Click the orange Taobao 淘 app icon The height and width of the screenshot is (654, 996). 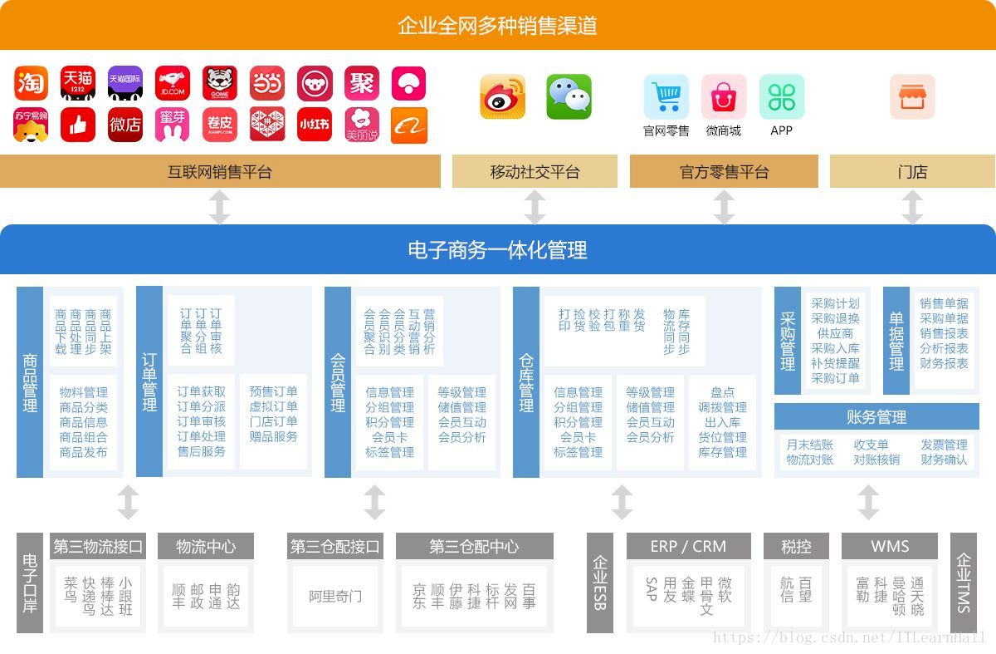(31, 84)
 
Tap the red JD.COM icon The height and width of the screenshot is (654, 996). (173, 84)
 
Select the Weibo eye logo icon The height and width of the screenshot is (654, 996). (503, 97)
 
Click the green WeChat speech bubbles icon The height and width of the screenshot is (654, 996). (569, 97)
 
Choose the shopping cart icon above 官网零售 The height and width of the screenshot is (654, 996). (666, 97)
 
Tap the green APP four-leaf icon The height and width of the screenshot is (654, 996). (781, 97)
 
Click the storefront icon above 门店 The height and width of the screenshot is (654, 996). (912, 97)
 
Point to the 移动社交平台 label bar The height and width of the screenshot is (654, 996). (535, 172)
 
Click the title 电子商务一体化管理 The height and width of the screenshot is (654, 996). (497, 249)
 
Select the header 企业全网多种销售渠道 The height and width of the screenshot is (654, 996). (497, 26)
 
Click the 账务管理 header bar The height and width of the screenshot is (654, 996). (876, 416)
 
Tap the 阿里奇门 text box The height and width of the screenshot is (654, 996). (335, 597)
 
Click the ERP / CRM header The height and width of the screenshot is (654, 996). (688, 547)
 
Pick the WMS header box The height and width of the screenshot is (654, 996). (890, 547)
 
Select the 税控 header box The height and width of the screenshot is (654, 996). (796, 547)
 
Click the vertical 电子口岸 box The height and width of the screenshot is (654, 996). (30, 584)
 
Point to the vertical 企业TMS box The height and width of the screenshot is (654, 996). (963, 584)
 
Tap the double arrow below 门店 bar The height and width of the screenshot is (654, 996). (912, 207)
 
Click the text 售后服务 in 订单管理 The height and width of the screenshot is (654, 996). (201, 451)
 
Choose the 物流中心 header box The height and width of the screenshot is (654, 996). (205, 547)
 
